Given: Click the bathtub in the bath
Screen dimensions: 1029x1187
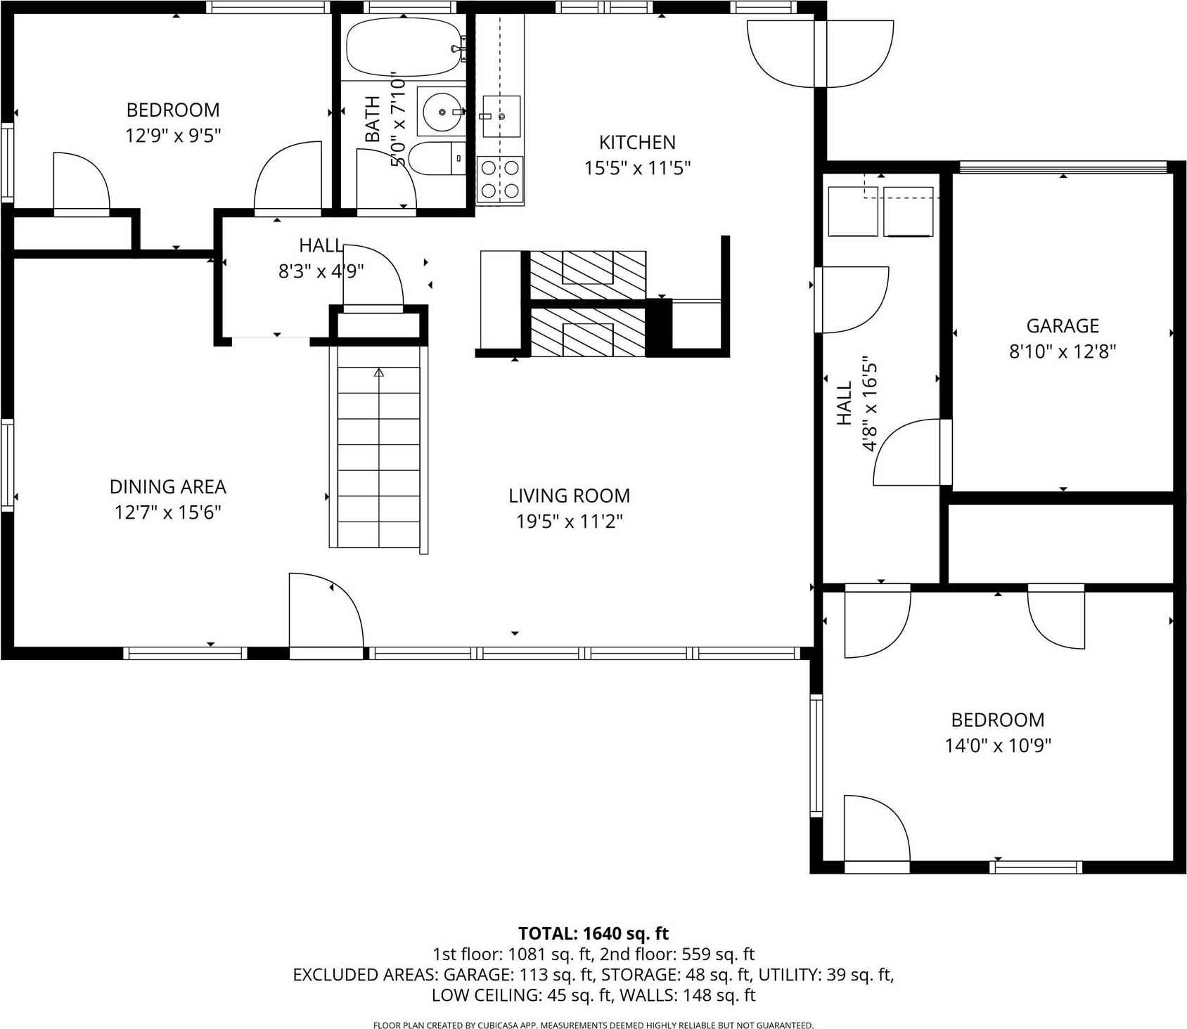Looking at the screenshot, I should click(x=403, y=47).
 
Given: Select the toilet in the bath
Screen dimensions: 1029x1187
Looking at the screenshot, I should click(x=435, y=158).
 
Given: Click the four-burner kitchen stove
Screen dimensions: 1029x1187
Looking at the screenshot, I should click(x=500, y=179).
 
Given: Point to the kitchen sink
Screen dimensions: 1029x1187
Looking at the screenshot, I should click(x=501, y=116).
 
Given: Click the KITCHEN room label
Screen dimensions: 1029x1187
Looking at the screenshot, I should click(x=637, y=142).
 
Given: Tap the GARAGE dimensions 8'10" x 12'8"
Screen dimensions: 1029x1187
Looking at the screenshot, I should click(x=1063, y=351).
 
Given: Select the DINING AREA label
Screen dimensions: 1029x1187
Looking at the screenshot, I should click(x=167, y=486).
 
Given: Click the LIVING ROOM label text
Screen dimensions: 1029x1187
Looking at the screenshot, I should click(x=569, y=496).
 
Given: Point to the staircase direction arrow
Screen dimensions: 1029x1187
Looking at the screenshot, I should click(x=379, y=373).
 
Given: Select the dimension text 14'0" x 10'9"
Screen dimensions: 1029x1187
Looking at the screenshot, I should click(x=997, y=745).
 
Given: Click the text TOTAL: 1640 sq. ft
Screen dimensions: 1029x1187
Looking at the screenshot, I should click(x=593, y=933).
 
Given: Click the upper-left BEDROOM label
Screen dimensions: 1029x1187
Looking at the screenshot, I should click(x=173, y=110).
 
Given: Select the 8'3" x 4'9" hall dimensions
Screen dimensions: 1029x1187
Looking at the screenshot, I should click(x=321, y=271).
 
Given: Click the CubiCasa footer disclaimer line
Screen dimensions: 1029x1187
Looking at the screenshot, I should click(x=593, y=1025).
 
